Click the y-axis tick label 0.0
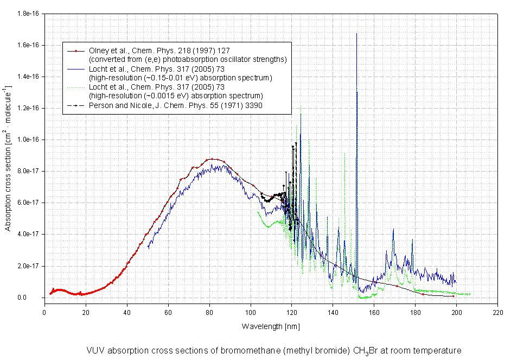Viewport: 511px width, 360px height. pos(34,298)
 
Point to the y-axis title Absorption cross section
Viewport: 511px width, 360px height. pos(8,157)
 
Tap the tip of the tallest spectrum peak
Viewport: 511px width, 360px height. pos(356,34)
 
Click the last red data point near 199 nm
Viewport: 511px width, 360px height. pos(453,296)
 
